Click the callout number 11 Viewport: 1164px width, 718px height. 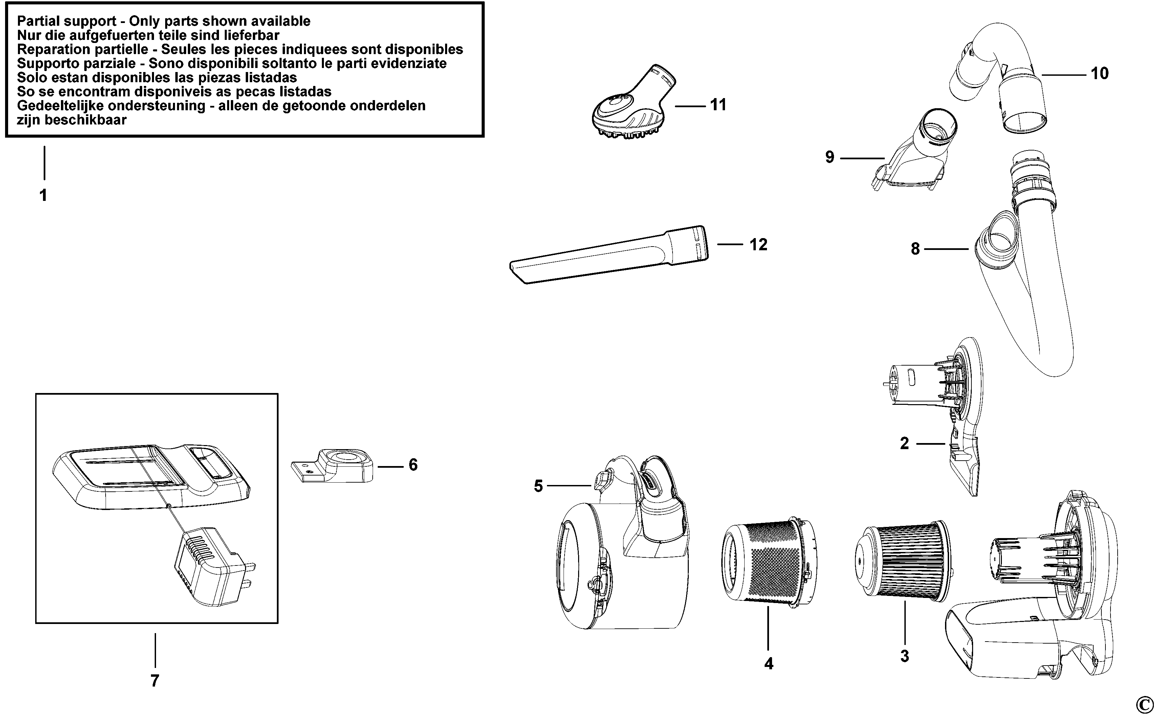tap(718, 105)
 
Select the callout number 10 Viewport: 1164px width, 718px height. tap(1099, 74)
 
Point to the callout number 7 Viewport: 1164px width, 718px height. tap(155, 680)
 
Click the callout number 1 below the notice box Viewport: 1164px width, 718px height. tap(43, 195)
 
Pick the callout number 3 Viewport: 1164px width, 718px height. tap(905, 656)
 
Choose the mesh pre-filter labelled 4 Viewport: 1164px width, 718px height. tap(769, 563)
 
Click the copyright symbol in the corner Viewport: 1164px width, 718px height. tap(1145, 704)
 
